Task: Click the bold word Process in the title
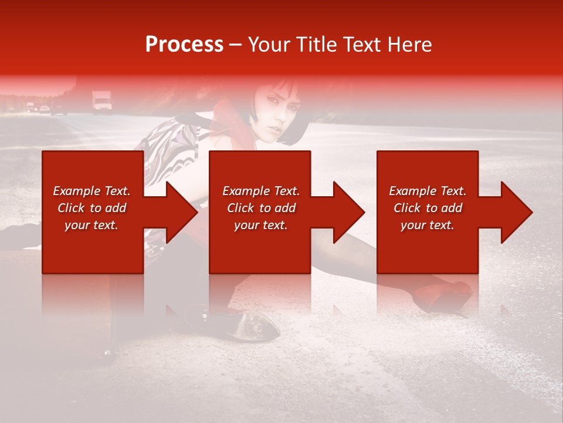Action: (184, 45)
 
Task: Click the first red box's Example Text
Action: (91, 191)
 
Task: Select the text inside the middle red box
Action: (260, 208)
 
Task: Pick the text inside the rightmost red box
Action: (428, 208)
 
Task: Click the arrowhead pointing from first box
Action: (178, 212)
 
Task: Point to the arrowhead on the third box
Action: (514, 212)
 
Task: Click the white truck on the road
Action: (101, 101)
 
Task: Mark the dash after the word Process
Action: (235, 45)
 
